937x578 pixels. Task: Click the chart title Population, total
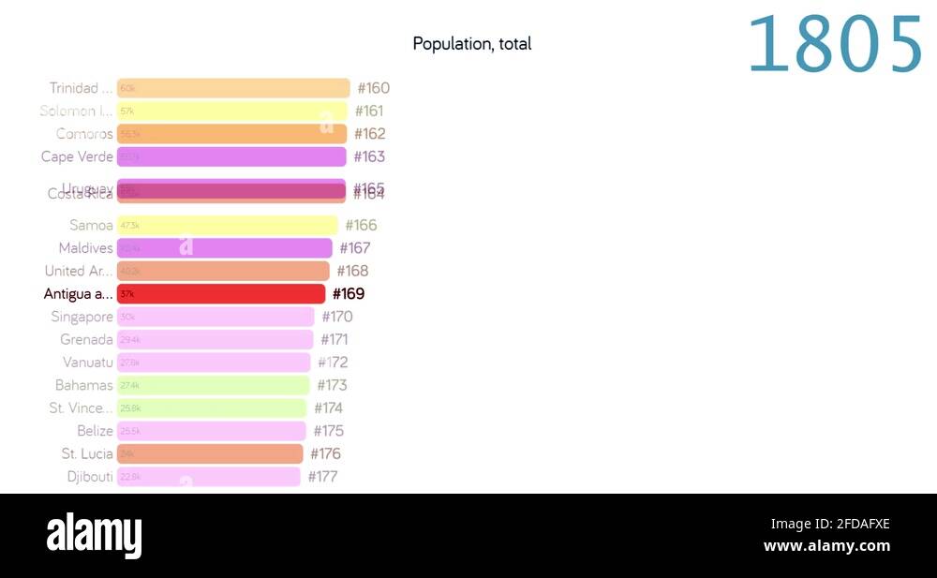coord(471,43)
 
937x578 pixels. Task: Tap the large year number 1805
coord(835,45)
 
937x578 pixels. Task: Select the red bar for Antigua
coord(221,294)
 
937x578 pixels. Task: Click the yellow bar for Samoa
coord(227,226)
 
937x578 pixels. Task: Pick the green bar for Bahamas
coord(213,385)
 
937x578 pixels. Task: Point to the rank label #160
coord(373,88)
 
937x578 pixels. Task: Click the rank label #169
coord(349,294)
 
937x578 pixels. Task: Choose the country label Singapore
coord(82,317)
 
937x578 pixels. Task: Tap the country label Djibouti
coord(90,477)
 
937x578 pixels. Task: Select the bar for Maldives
coord(224,248)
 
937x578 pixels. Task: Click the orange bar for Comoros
coord(231,134)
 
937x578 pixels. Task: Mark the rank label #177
coord(322,477)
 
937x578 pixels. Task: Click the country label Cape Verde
coord(77,156)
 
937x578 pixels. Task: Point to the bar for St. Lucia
coord(210,453)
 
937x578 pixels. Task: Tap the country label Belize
coord(95,431)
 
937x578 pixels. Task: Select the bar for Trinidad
coord(233,88)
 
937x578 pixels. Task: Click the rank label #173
coord(332,385)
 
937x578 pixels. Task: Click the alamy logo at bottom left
coord(94,535)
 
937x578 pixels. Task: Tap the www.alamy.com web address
coord(826,546)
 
